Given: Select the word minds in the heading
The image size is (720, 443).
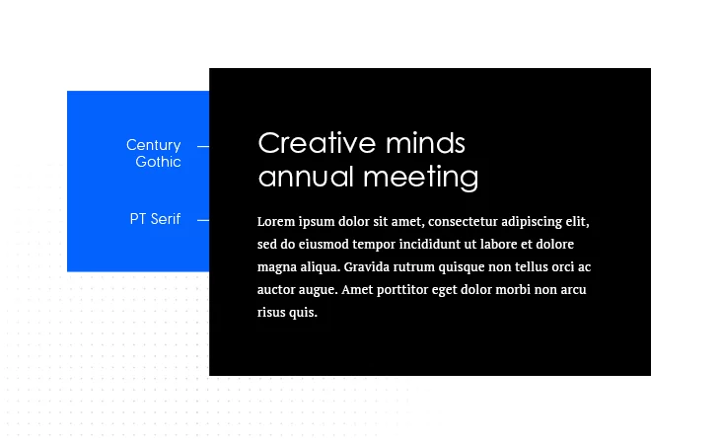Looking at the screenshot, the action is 426,143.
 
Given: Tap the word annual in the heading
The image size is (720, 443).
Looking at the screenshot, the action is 306,177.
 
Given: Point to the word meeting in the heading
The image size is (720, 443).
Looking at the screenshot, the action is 421,178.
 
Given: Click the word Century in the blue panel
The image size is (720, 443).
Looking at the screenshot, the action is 153,145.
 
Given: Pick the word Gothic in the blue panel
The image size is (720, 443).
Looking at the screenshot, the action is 158,162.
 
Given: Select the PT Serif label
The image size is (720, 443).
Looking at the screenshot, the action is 155,219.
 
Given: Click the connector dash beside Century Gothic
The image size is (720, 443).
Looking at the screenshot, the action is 203,147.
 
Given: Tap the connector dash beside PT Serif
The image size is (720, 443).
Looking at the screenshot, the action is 203,221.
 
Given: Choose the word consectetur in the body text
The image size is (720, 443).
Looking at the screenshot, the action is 463,221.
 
